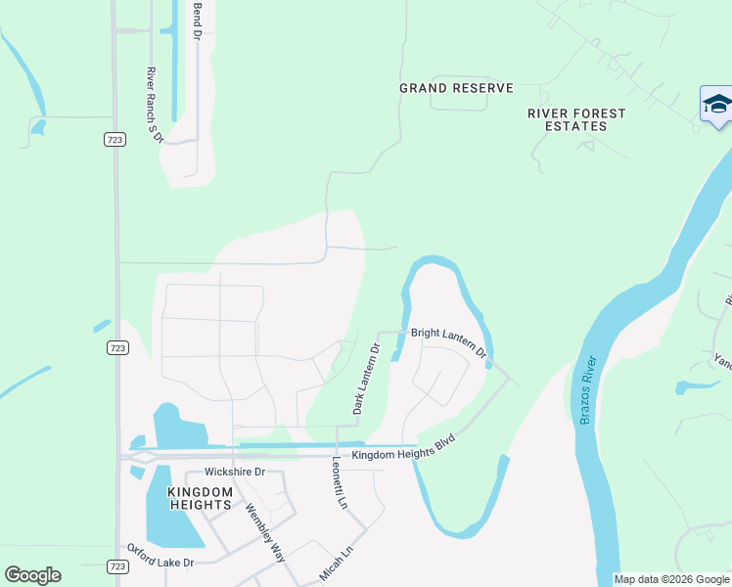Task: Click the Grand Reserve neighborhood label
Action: pos(456,88)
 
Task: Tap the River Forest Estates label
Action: pos(576,119)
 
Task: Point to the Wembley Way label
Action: pos(264,532)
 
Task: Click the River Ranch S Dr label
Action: pos(153,106)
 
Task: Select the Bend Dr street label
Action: pos(197,20)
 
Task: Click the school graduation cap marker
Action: pos(716,106)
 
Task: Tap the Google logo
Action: pos(32,575)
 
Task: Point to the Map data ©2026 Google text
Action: pos(672,579)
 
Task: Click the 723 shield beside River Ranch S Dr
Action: pos(114,140)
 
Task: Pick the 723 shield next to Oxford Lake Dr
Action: pos(115,566)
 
